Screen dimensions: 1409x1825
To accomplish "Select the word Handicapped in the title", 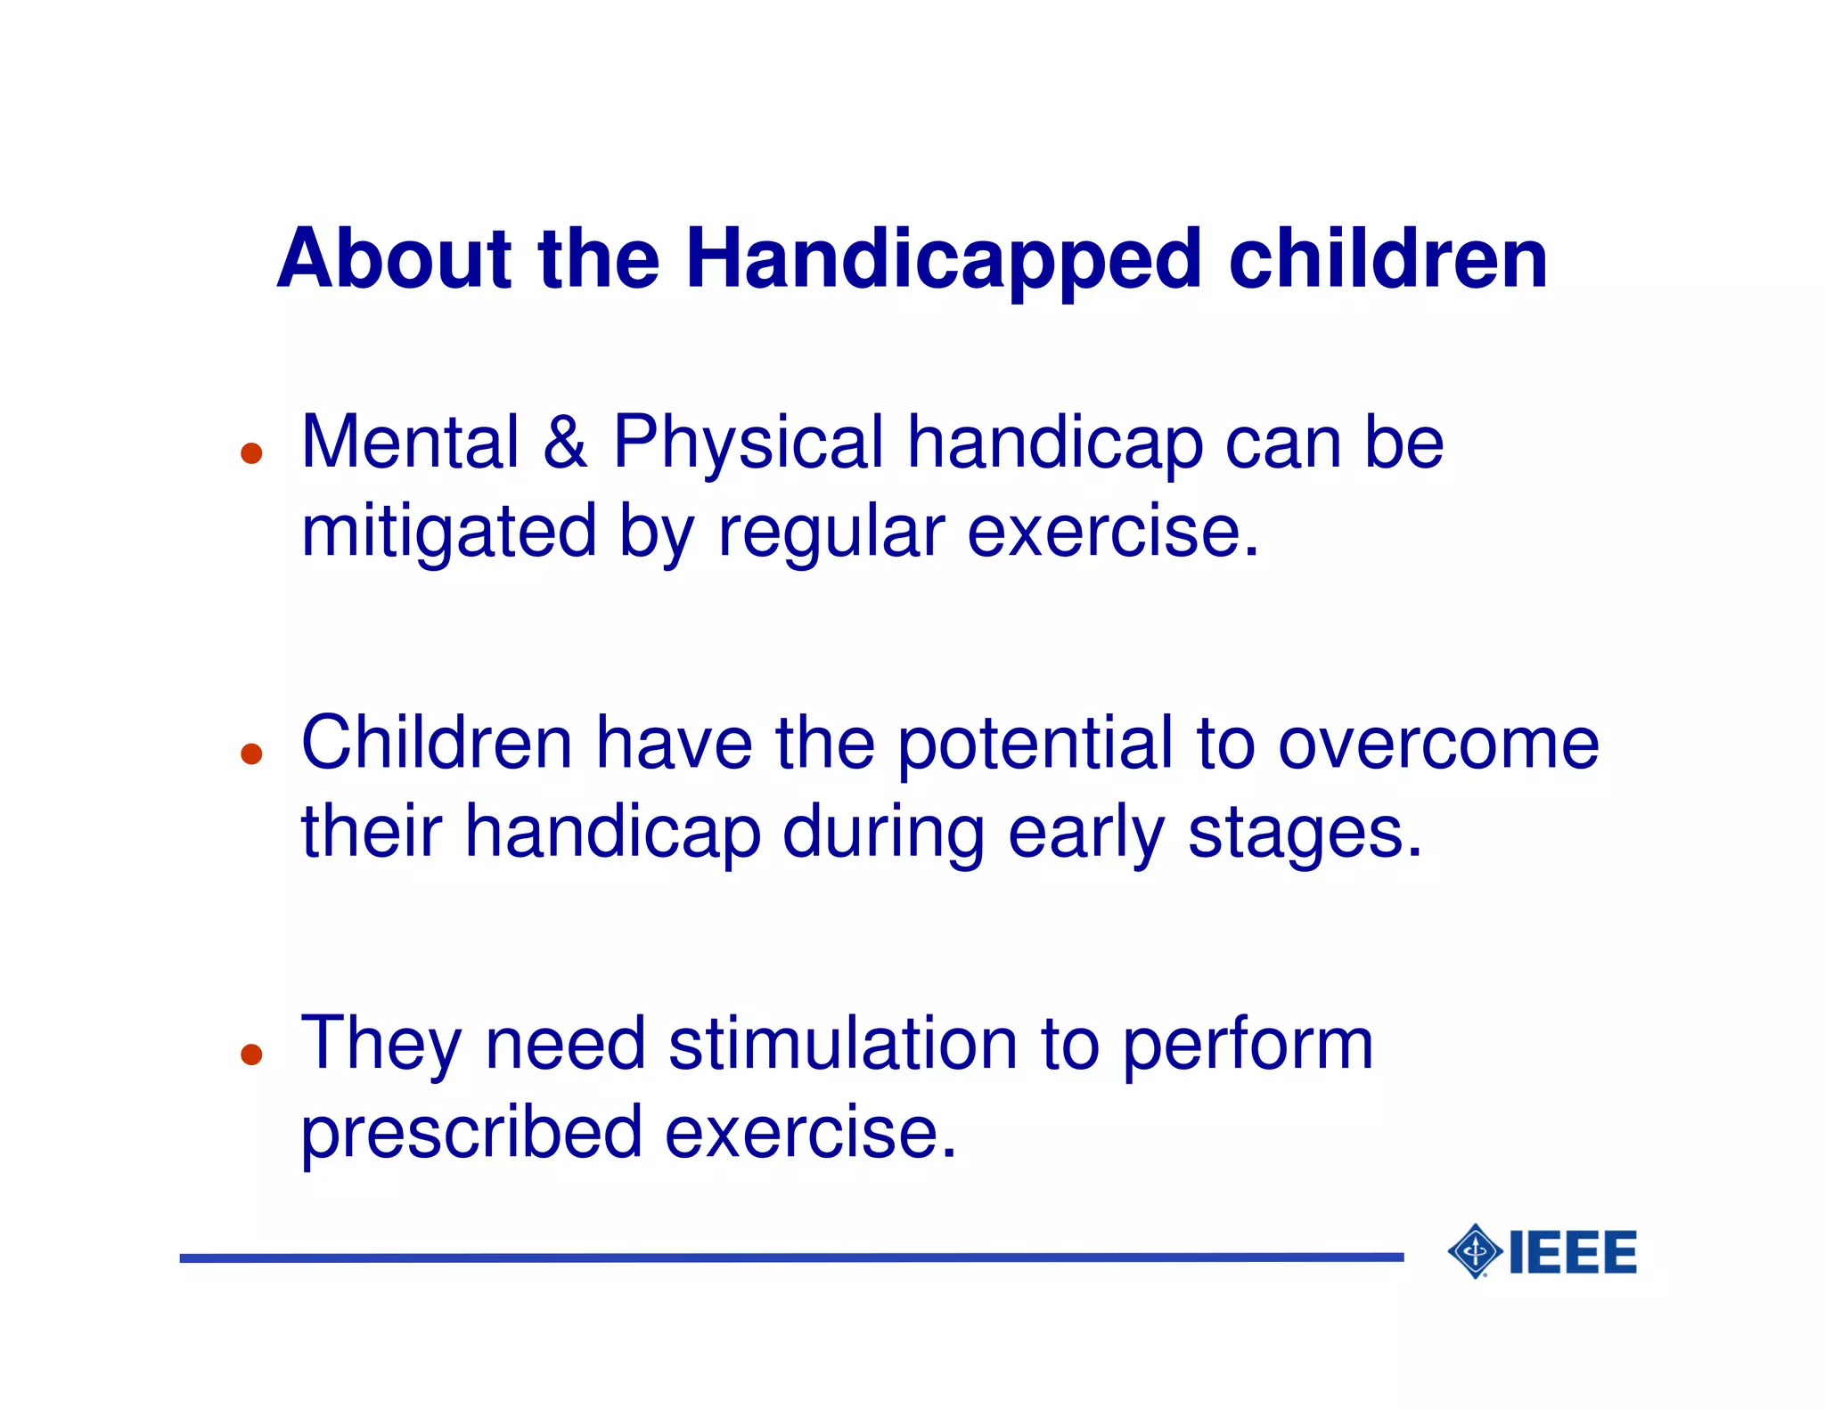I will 944,260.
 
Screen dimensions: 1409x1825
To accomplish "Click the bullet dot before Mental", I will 252,453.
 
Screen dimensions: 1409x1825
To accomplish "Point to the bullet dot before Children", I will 252,754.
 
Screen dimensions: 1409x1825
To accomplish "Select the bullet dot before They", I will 252,1055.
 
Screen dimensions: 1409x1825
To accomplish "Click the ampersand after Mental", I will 565,443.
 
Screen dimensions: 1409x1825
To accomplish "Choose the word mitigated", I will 448,533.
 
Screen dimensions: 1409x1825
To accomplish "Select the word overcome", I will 1438,745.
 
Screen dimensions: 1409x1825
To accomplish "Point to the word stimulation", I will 842,1044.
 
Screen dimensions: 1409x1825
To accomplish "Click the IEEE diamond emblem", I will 1475,1251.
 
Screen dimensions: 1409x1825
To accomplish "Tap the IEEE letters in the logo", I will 1573,1252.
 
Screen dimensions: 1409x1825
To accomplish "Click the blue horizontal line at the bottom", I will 791,1258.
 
